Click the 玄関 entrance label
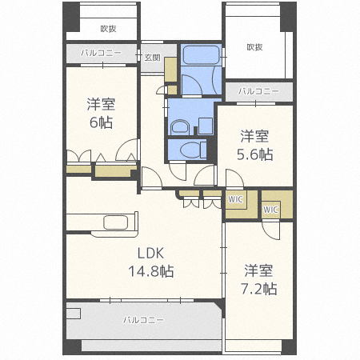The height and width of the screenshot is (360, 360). (x=153, y=58)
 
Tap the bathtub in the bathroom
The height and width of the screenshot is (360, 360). (x=199, y=58)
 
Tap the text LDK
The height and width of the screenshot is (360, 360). (x=150, y=254)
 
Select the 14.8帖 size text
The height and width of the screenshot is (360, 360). (x=150, y=271)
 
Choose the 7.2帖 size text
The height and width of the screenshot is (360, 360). (x=260, y=288)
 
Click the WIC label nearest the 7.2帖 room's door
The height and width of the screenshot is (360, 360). (x=270, y=210)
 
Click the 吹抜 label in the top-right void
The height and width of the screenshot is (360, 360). (x=255, y=47)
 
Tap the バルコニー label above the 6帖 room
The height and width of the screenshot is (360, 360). (x=102, y=54)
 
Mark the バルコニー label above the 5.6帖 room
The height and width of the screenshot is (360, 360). (x=258, y=91)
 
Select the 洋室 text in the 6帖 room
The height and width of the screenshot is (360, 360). (x=100, y=103)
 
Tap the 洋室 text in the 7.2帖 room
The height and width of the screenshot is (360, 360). (x=260, y=269)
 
